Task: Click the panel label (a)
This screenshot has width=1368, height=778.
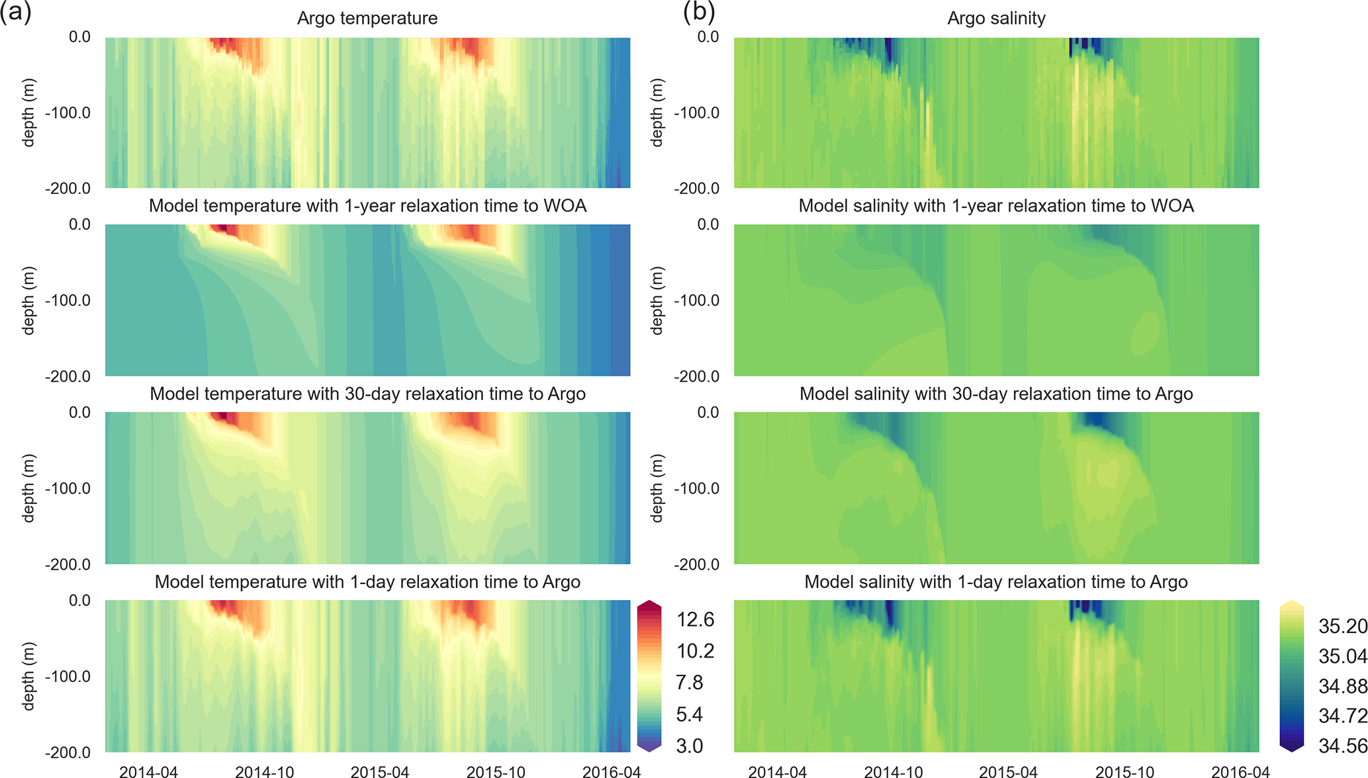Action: [16, 13]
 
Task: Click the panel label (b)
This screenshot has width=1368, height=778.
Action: [699, 13]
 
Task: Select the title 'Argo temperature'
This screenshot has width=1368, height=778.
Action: [367, 18]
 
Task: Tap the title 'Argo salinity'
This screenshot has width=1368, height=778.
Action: [996, 18]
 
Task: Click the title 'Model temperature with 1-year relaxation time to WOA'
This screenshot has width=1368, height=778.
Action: [367, 206]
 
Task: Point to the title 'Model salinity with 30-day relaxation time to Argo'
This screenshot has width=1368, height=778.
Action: [996, 394]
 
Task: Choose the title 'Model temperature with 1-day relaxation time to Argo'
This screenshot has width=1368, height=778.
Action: [367, 582]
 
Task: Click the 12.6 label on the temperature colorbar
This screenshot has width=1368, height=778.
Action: [695, 619]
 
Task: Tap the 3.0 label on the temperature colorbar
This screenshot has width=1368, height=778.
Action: [689, 746]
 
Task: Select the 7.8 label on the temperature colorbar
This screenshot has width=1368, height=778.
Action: [689, 682]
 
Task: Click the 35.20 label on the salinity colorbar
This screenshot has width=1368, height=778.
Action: [1342, 626]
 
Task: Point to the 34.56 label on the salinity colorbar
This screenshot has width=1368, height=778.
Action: [1342, 746]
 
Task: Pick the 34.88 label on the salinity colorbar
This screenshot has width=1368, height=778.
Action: [1342, 686]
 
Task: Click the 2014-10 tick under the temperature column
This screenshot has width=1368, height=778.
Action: [264, 771]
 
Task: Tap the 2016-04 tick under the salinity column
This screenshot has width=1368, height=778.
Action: [1240, 771]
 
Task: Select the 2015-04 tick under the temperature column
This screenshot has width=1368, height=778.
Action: [380, 771]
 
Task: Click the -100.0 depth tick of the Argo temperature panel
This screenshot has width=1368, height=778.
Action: [68, 112]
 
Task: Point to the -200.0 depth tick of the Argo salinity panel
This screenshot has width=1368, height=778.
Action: [696, 189]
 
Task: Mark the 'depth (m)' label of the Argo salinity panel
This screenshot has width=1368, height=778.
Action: [657, 112]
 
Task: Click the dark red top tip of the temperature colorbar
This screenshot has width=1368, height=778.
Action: [649, 605]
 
